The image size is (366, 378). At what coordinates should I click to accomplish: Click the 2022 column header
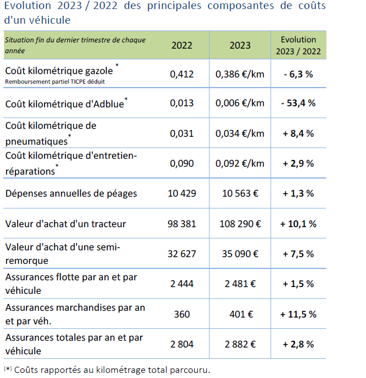pos(182,45)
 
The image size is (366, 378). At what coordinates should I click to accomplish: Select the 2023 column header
pos(240,45)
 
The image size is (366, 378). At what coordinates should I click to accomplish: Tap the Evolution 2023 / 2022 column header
pos(298,45)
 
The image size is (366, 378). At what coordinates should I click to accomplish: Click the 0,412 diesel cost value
pos(182,74)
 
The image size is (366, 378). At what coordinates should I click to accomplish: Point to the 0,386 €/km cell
pos(239,74)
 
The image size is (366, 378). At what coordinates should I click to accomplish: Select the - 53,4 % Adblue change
pos(298,103)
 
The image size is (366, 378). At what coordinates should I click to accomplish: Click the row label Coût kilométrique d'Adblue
pos(66,103)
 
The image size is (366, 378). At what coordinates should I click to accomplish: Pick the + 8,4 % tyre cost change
pos(298,133)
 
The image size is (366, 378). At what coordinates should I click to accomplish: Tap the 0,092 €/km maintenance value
pos(239,163)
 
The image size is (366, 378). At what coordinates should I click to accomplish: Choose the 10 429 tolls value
pos(182,193)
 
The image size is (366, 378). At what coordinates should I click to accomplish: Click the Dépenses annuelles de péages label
pos(71,194)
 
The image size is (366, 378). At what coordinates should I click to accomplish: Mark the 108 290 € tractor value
pos(240,224)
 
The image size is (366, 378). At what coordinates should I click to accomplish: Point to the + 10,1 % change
pos(298,224)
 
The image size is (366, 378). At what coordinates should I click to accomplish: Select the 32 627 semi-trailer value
pos(182,254)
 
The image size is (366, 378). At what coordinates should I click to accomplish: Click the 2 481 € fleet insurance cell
pos(240,284)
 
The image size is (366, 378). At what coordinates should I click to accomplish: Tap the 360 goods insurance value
pos(182,314)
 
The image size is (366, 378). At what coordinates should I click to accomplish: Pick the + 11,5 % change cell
pos(298,314)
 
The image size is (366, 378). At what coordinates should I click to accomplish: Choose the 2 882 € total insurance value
pos(240,344)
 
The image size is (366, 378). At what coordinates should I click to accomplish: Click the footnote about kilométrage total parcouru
pos(107,370)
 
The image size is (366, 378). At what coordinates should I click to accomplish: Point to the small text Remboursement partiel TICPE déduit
pos(55,82)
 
